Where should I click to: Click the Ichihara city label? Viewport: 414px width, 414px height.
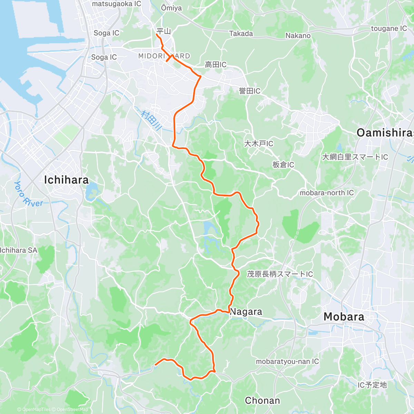(66, 180)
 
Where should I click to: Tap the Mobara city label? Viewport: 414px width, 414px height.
(344, 317)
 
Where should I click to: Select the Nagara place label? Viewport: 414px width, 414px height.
(246, 312)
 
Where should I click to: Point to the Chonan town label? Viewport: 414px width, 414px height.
(262, 401)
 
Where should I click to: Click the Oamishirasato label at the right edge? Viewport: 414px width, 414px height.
(385, 132)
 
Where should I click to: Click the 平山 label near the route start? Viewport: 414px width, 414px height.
(164, 31)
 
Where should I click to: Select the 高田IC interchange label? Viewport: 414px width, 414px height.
(216, 65)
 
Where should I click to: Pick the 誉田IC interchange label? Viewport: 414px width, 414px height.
(249, 91)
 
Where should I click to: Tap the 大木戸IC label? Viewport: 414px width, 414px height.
(258, 144)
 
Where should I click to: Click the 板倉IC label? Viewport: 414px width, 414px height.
(283, 165)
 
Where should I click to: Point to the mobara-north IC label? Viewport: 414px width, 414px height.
(326, 193)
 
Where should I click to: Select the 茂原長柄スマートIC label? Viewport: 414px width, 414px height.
(280, 274)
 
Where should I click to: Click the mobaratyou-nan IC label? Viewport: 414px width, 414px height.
(287, 362)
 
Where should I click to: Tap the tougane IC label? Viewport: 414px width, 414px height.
(389, 29)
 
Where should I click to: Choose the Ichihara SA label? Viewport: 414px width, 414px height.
(19, 250)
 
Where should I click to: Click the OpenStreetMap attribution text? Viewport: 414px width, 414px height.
(72, 410)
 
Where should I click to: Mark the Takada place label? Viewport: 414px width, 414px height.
(241, 34)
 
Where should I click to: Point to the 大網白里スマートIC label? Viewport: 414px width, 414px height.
(355, 157)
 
